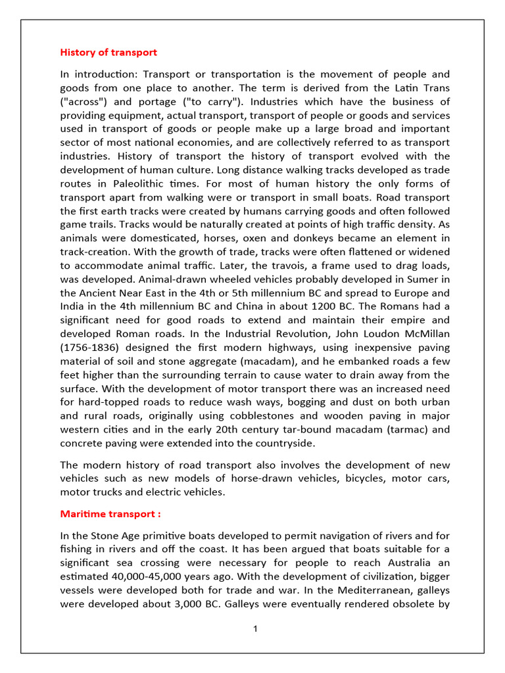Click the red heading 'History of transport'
(108, 52)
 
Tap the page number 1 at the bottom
(255, 629)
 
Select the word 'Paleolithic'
(143, 183)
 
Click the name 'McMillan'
(423, 334)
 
